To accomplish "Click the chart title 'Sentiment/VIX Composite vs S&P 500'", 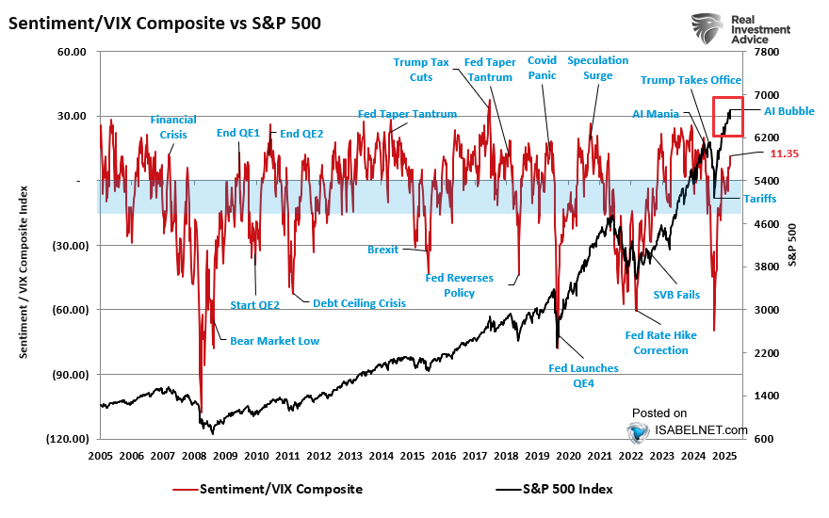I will (x=164, y=23).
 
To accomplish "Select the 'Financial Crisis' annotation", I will (x=173, y=127).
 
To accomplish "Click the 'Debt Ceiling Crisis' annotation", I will (x=359, y=302).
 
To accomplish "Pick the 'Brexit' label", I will (x=382, y=250).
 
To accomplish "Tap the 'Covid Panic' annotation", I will (x=542, y=68).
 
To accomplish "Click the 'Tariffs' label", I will (x=760, y=198).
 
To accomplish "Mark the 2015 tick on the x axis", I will (x=413, y=456).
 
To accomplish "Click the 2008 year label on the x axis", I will (x=194, y=456).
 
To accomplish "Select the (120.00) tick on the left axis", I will (x=67, y=439).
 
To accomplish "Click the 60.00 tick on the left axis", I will (x=72, y=53).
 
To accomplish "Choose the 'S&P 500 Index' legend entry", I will (x=565, y=489).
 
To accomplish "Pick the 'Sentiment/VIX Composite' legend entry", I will (x=281, y=489).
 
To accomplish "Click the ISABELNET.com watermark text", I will (x=701, y=430).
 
